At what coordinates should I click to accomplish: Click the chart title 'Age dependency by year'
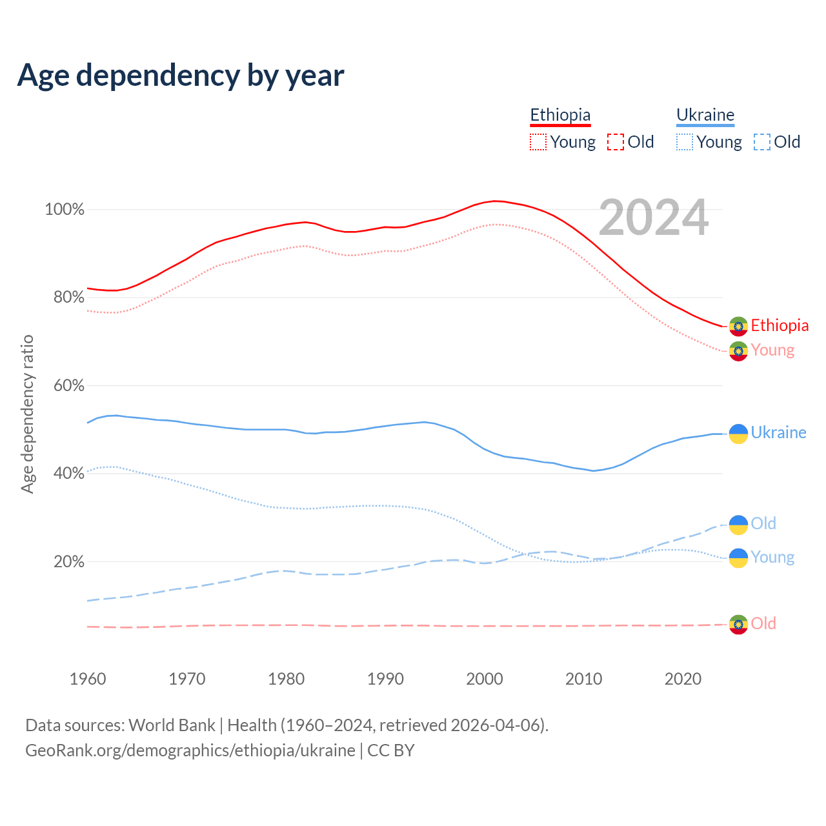coord(181,76)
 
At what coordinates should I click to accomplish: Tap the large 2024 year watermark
coord(653,217)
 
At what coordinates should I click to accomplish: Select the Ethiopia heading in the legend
coord(560,115)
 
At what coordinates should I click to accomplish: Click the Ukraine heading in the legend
coord(705,115)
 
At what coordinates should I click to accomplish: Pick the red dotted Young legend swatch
coord(538,142)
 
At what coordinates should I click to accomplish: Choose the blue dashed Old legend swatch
coord(761,142)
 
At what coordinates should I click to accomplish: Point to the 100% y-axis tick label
coord(65,209)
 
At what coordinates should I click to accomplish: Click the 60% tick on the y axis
coord(69,385)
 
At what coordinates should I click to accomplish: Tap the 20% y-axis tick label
coord(69,561)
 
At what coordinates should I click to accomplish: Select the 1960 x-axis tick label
coord(88,679)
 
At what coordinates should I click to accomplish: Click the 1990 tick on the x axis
coord(385,679)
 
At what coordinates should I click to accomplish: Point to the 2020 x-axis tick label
coord(683,679)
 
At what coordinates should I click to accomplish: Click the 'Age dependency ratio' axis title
coord(27,414)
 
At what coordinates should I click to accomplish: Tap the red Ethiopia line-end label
coord(780,325)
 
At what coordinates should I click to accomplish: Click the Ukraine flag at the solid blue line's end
coord(738,434)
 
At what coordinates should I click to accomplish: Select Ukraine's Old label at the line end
coord(763,523)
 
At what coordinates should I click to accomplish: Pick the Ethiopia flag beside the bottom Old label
coord(738,625)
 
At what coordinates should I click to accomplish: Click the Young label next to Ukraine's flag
coord(772,558)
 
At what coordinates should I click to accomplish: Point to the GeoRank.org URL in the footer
coord(190,750)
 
